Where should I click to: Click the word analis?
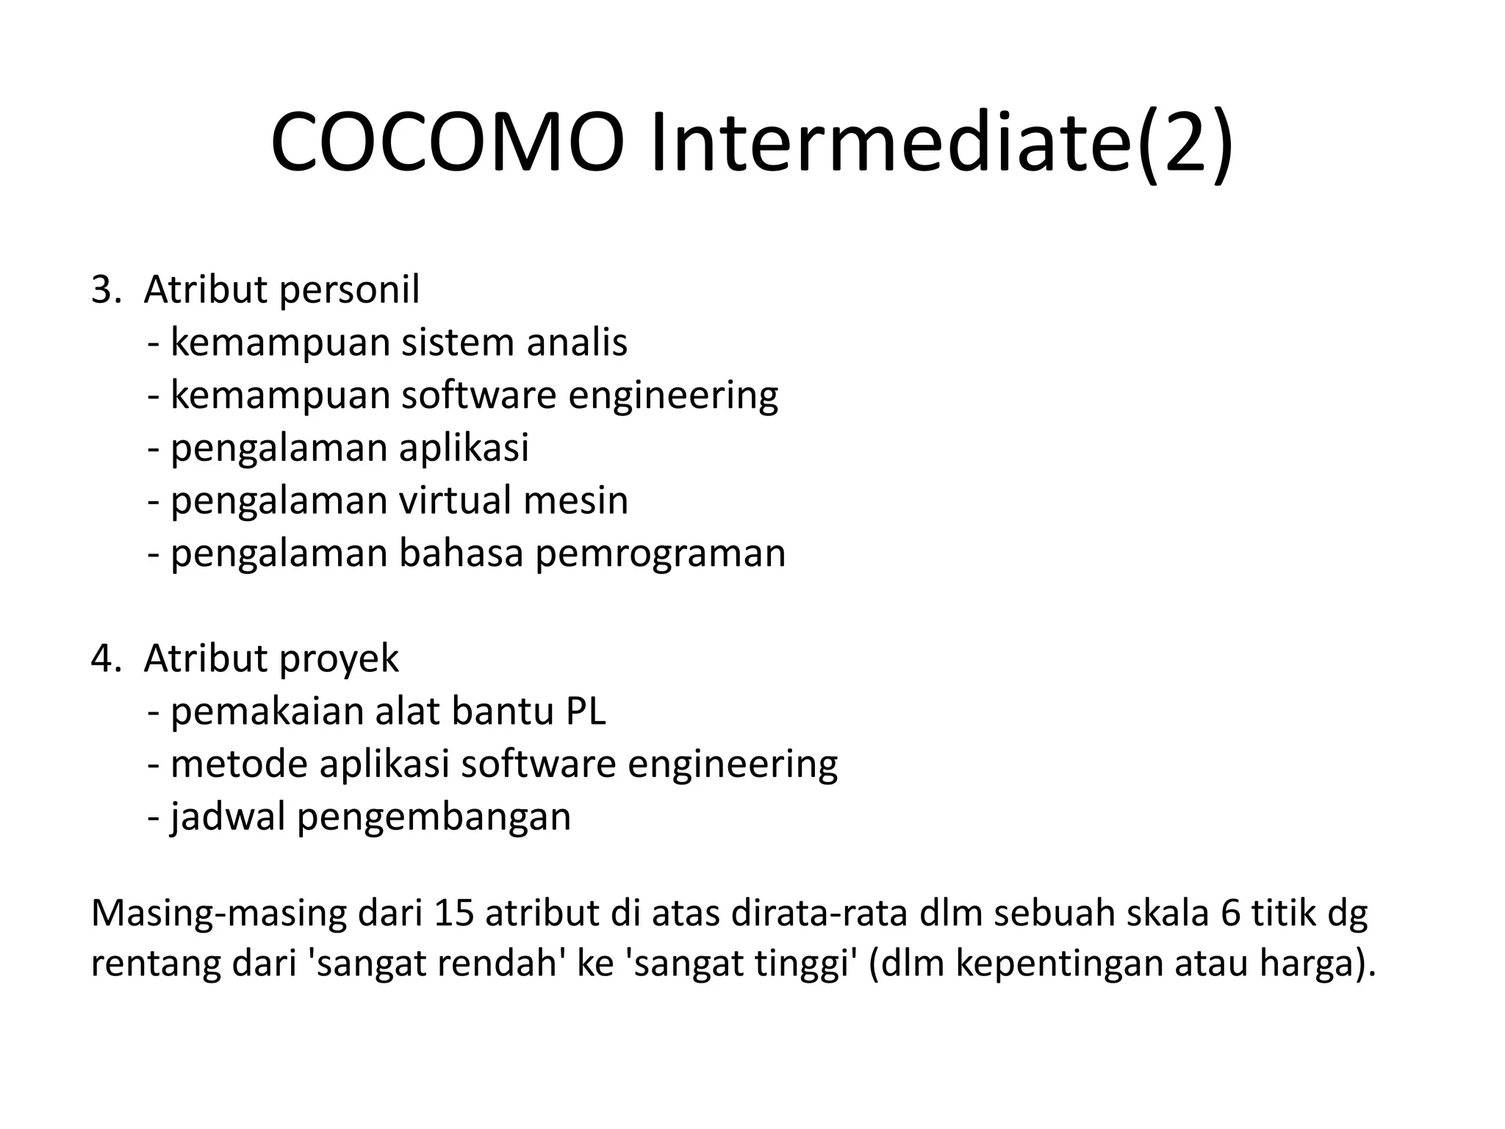coord(577,343)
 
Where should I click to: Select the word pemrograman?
coord(660,553)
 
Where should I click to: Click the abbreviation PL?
coord(586,712)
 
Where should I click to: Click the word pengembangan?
coord(434,817)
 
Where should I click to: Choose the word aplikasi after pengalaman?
coord(464,448)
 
